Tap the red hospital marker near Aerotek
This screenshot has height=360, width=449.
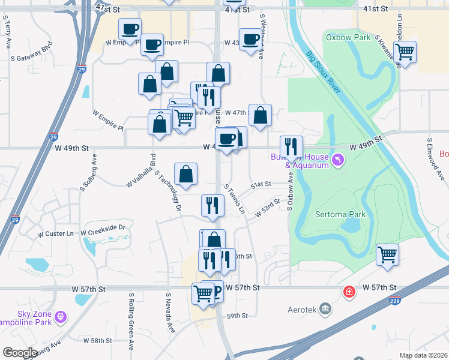pos(348,292)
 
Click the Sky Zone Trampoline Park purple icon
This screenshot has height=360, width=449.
pos(60,316)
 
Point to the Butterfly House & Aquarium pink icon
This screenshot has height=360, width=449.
pos(340,161)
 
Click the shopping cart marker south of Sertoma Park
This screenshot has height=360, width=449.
pos(387,254)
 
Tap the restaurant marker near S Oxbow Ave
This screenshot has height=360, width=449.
pos(291,146)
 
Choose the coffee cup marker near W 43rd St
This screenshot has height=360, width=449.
pos(250,39)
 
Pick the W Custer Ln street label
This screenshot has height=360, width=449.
pos(55,233)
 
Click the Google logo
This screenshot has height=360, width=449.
pos(20,353)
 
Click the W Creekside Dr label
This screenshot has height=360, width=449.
pos(102,228)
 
